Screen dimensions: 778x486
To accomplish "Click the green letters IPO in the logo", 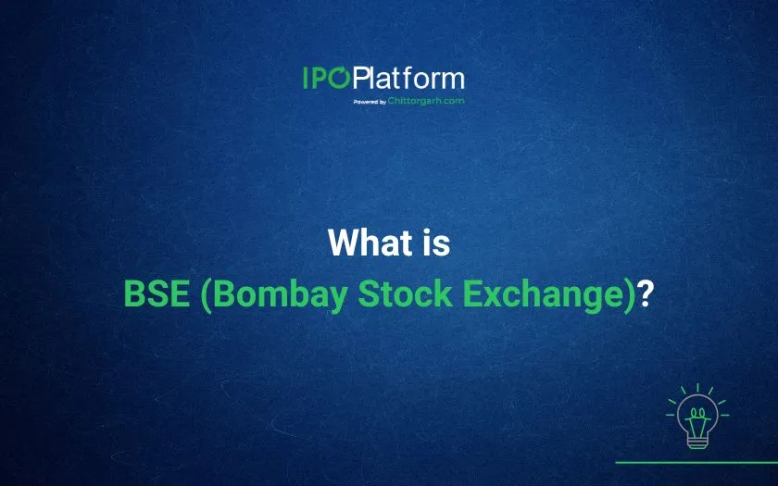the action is (326, 79).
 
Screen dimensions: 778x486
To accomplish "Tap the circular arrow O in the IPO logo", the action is (340, 79).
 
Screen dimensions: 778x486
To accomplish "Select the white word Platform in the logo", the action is (409, 78).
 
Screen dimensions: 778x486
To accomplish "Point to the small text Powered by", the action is (370, 102).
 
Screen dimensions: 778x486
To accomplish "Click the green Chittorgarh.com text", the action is (426, 101).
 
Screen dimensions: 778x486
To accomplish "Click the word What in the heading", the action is (370, 243).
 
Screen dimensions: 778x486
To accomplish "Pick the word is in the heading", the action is (436, 243).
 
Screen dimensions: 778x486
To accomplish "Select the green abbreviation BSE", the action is (157, 293).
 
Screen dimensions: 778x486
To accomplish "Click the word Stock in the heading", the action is (405, 293).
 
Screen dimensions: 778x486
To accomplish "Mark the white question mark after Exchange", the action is (645, 293).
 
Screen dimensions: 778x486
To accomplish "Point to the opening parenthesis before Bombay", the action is (207, 295).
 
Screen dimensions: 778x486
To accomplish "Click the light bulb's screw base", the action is (697, 441).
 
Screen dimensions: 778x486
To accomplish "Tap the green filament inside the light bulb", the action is (697, 420).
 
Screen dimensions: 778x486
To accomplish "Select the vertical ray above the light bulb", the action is (697, 387).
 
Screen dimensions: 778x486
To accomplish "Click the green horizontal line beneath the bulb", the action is (696, 462).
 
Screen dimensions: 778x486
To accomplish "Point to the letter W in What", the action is (345, 243).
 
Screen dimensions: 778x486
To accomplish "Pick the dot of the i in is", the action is (428, 232).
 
